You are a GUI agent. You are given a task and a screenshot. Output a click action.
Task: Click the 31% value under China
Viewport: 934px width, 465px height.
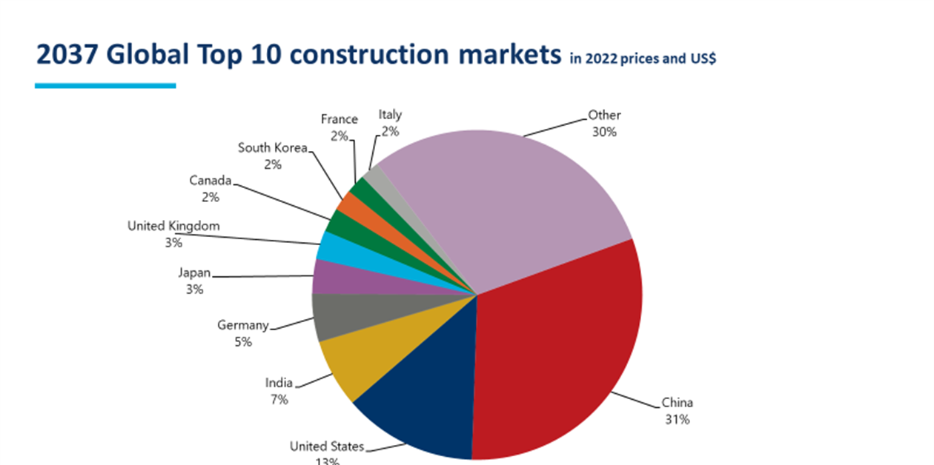point(678,420)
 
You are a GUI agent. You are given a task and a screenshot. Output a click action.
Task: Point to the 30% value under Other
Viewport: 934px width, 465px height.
point(604,132)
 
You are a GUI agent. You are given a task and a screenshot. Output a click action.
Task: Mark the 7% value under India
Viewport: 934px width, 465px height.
point(279,400)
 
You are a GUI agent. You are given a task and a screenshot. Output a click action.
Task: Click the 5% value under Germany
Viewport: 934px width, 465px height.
point(243,342)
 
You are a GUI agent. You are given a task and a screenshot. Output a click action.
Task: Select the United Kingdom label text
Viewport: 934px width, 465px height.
point(173,227)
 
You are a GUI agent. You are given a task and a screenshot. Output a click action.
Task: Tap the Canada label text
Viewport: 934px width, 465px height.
point(211,181)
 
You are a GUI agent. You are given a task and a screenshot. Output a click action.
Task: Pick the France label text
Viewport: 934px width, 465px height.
point(340,119)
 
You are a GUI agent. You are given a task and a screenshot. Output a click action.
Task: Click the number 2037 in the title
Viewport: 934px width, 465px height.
point(67,55)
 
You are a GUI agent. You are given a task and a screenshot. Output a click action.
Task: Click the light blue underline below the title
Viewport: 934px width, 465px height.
point(105,86)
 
